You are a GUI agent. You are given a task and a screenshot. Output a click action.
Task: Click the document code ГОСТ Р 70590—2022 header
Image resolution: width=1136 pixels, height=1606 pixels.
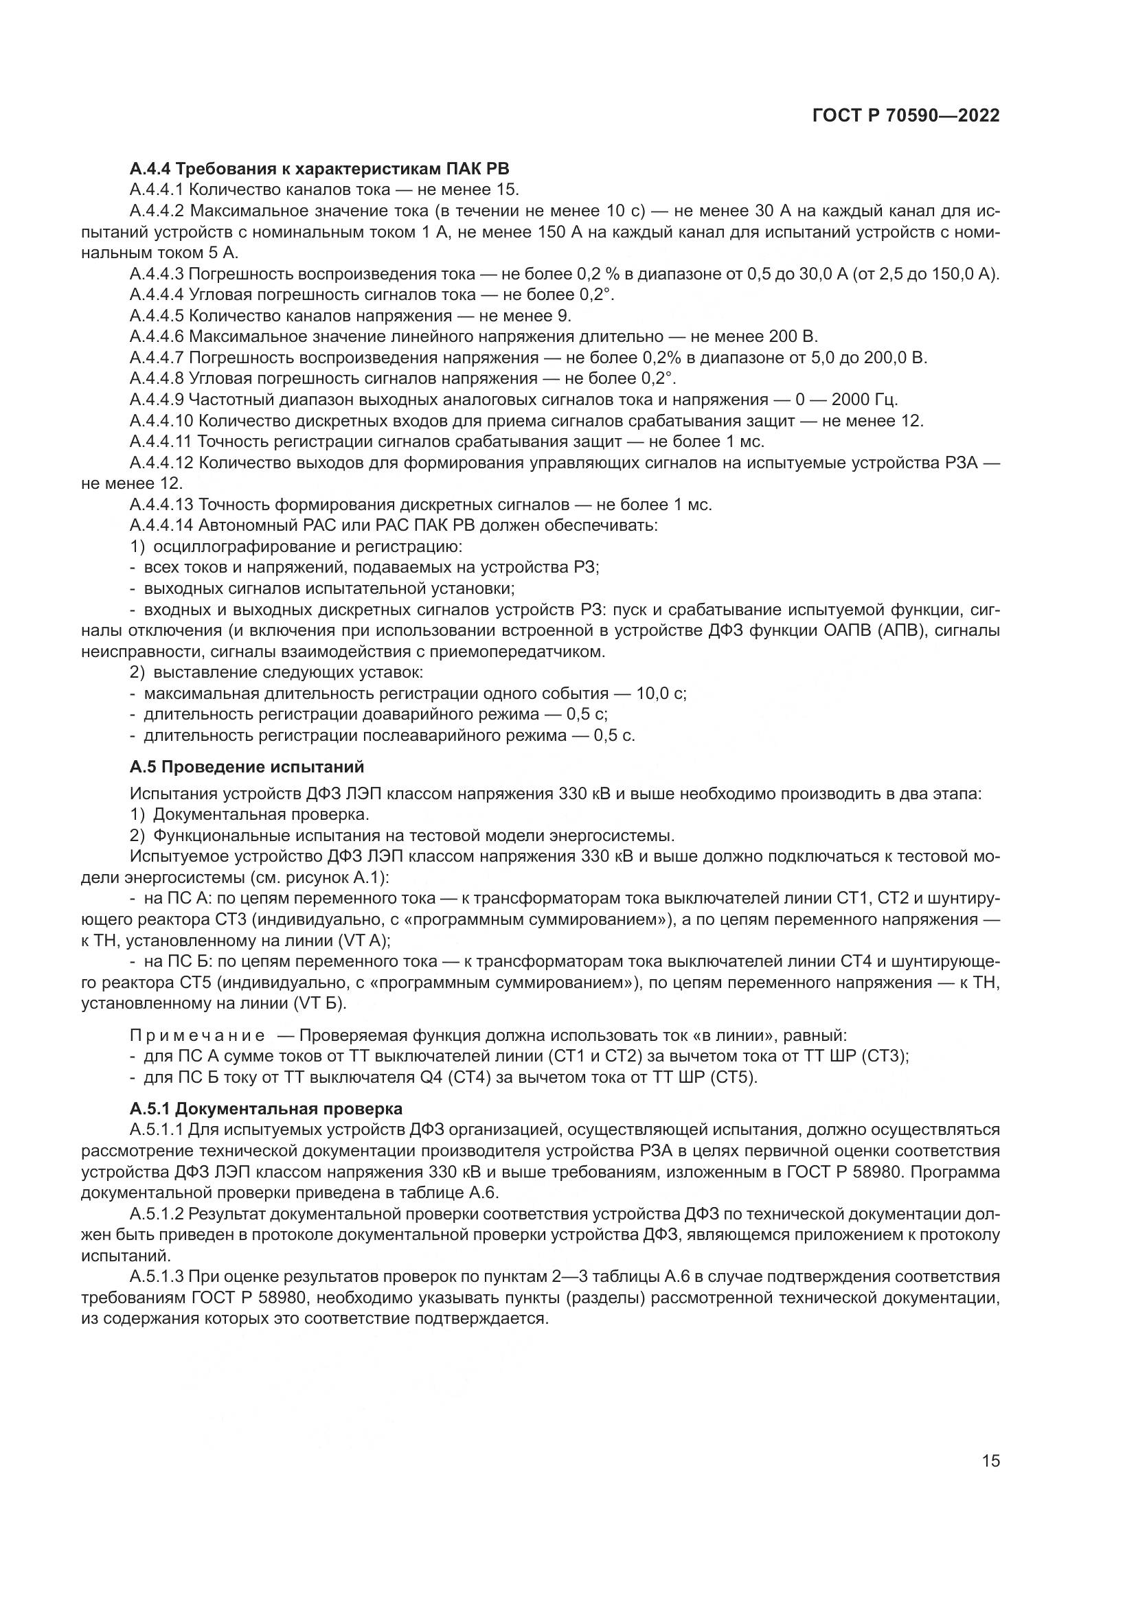[x=906, y=116]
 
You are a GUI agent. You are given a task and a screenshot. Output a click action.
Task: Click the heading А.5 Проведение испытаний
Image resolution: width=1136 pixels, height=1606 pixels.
[x=247, y=767]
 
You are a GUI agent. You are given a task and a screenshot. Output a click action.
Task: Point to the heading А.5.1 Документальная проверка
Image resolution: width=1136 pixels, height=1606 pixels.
[x=266, y=1109]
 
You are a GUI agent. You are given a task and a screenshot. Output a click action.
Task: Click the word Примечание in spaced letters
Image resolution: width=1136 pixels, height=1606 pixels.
[x=198, y=1035]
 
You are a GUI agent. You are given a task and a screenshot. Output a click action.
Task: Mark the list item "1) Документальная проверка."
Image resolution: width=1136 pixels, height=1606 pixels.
[x=250, y=815]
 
